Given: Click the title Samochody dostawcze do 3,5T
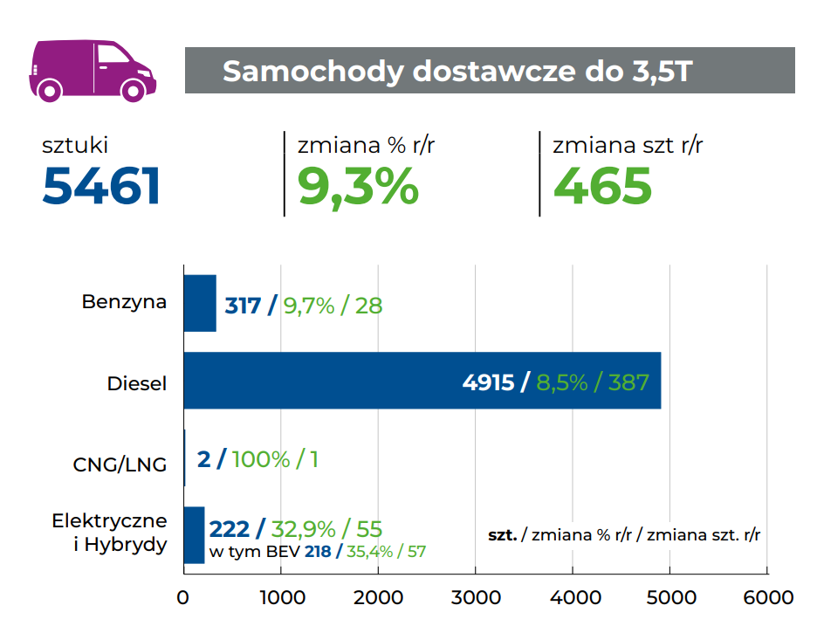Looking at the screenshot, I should click(457, 71).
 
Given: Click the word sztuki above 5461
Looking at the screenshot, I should click(75, 145).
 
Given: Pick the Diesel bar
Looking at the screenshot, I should click(422, 381).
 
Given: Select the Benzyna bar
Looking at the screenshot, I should click(200, 303).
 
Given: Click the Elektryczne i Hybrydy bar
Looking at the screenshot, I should click(194, 534).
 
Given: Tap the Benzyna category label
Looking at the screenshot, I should click(124, 302).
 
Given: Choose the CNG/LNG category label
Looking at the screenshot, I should click(120, 464).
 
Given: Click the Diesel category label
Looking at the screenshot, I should click(137, 382).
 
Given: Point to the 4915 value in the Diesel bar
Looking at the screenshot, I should click(488, 382).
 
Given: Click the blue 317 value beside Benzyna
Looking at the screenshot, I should click(244, 306).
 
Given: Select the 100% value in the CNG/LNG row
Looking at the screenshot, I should click(261, 459).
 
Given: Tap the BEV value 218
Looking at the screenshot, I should click(318, 552).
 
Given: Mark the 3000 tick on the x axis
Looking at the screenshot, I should click(475, 598).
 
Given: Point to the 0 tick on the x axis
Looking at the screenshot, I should click(183, 598).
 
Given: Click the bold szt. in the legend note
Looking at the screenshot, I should click(502, 534).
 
